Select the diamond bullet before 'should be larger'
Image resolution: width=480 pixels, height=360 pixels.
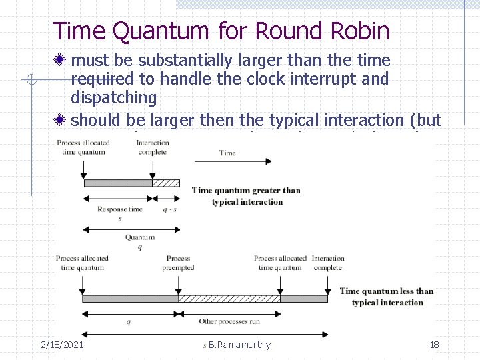coord(61,121)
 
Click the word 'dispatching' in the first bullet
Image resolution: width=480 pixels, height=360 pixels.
coord(113,98)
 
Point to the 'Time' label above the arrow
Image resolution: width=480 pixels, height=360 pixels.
coord(227,153)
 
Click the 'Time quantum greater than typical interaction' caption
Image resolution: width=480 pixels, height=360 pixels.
coord(247,196)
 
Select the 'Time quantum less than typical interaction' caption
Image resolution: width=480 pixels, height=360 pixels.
coord(387,297)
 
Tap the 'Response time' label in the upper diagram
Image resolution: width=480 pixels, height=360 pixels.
coord(119,209)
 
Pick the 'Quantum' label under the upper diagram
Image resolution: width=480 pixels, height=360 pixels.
coord(139,237)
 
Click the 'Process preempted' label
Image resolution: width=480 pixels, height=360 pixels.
coord(178,263)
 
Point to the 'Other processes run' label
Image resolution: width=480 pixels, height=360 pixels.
coord(229,322)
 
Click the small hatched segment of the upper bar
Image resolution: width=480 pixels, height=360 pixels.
coord(166,183)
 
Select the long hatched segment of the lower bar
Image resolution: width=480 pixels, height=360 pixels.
coord(229,299)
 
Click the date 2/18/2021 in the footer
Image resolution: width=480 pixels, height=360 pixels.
coord(62,345)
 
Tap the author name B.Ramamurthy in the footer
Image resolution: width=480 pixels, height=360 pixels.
coord(239,345)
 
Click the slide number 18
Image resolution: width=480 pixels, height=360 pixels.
coord(434,345)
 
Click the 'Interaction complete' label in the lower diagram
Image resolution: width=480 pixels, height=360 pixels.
coord(328,263)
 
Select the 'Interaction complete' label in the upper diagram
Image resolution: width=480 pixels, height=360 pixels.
coord(153,147)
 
